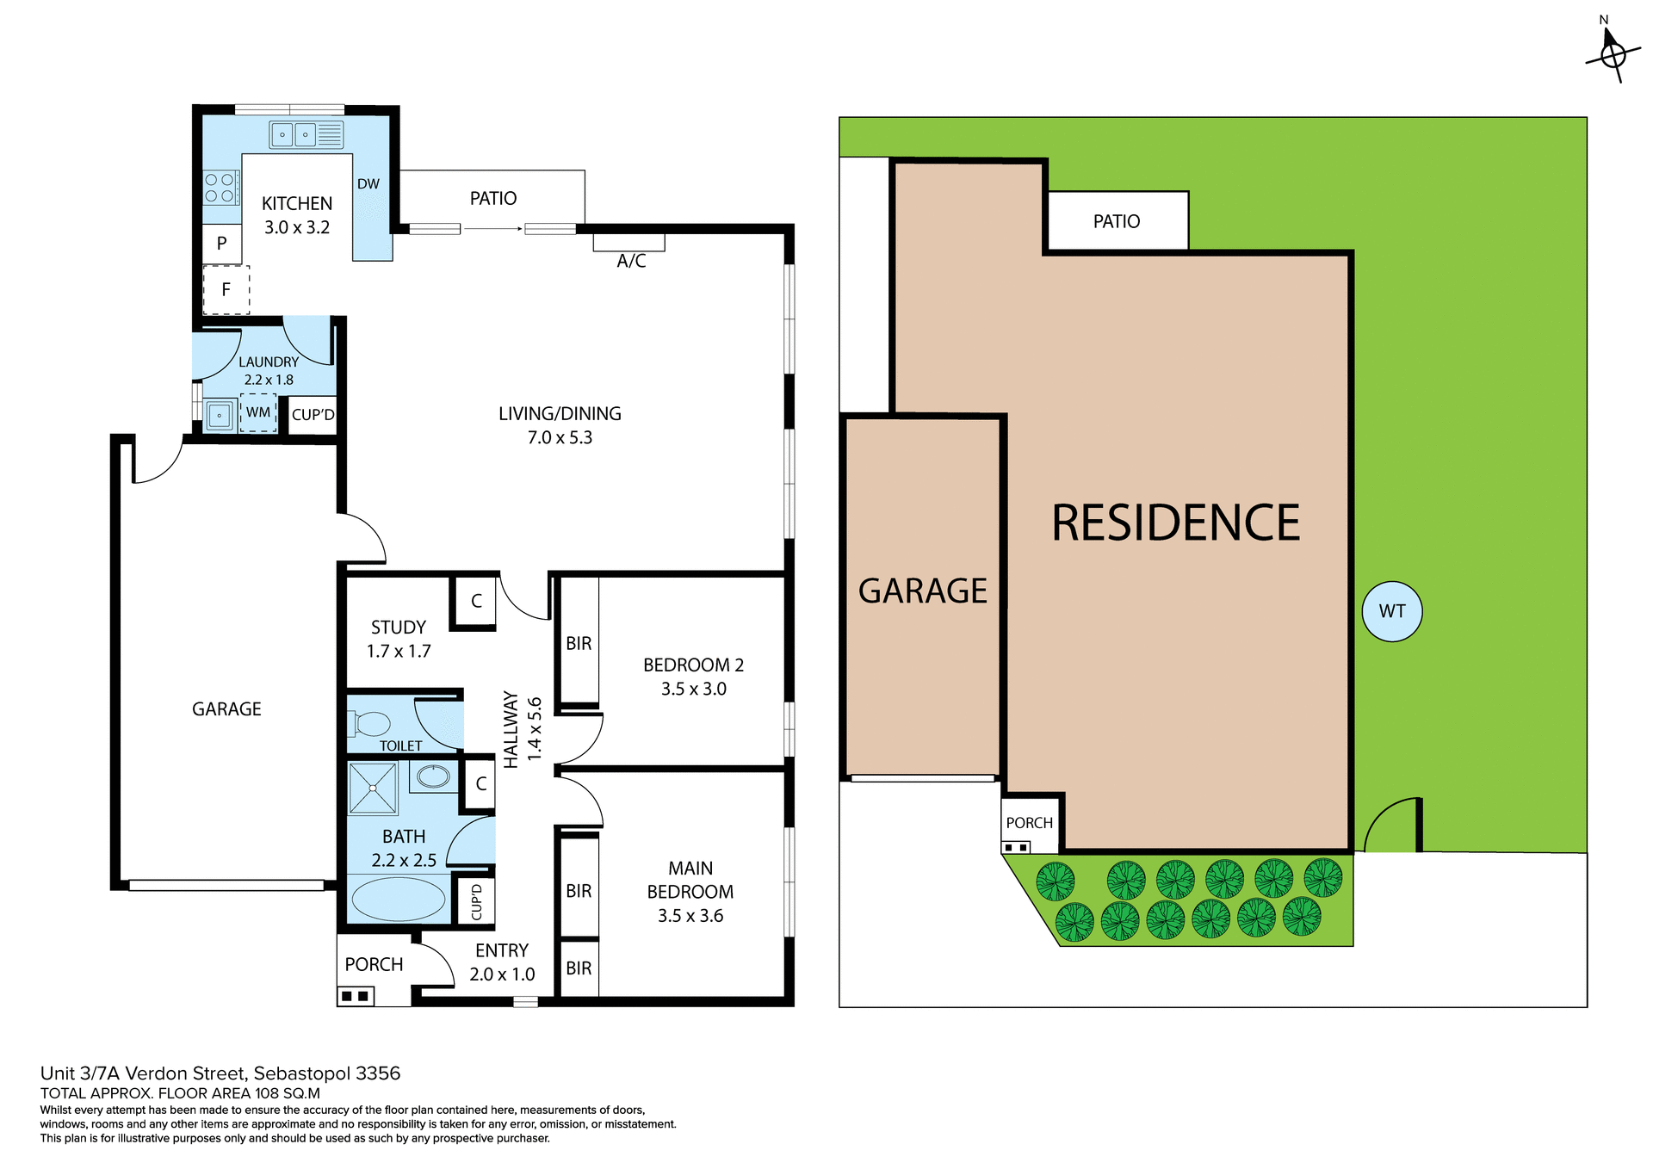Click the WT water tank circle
pos(1391,611)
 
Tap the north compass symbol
pos(1612,53)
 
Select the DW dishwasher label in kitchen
pos(368,183)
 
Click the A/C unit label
pos(631,261)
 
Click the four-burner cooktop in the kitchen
pos(220,188)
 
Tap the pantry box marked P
pos(222,244)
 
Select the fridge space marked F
pos(226,290)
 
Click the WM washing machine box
pos(258,413)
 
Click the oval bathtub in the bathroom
pos(398,898)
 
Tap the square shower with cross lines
pos(373,787)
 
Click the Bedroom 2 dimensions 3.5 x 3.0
pos(693,689)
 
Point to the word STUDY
pos(399,628)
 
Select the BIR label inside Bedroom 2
pos(579,643)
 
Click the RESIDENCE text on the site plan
pos(1175,523)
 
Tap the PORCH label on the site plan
pos(1029,823)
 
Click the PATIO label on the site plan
pos(1117,222)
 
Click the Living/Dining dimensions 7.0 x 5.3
pos(560,437)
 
